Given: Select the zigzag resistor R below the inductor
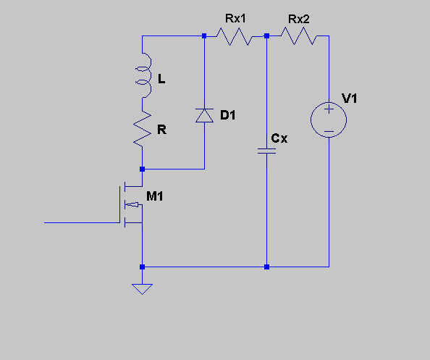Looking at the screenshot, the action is click(142, 129).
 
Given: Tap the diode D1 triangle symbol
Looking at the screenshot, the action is click(205, 115).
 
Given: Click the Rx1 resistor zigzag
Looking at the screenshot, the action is click(235, 36).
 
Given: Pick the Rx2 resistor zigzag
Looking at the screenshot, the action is click(299, 36).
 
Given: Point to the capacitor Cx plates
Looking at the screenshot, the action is click(266, 151).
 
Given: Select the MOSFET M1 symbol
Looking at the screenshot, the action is click(131, 204).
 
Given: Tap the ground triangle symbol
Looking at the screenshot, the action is click(142, 289).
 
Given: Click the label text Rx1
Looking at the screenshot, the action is click(235, 19).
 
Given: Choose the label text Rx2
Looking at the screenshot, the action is click(299, 20).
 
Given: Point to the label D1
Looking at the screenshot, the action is click(227, 115).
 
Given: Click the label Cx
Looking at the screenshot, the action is click(279, 138).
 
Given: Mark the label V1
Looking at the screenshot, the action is click(349, 99).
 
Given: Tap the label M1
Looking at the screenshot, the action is click(155, 196).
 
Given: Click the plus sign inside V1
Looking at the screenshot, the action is click(329, 109).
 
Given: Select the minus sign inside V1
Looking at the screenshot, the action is click(329, 131).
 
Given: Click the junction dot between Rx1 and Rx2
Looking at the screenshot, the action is click(266, 36).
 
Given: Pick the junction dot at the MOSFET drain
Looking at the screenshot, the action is click(142, 169).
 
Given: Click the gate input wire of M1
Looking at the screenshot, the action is click(82, 222).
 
